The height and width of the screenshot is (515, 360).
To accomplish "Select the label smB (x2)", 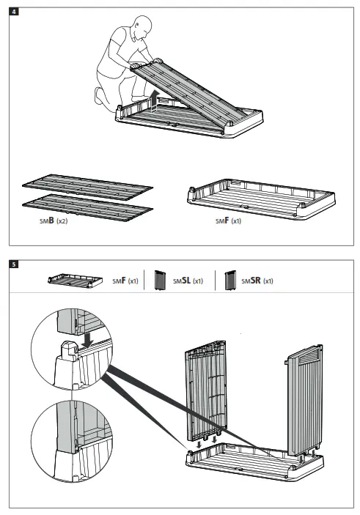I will pyautogui.click(x=54, y=220).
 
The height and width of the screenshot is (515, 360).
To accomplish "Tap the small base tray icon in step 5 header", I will pyautogui.click(x=66, y=281).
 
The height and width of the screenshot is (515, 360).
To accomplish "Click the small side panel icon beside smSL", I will pyautogui.click(x=157, y=281).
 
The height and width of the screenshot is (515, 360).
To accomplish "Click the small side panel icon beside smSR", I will pyautogui.click(x=229, y=281).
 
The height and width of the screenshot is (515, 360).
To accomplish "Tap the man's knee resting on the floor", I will pyautogui.click(x=100, y=95).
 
